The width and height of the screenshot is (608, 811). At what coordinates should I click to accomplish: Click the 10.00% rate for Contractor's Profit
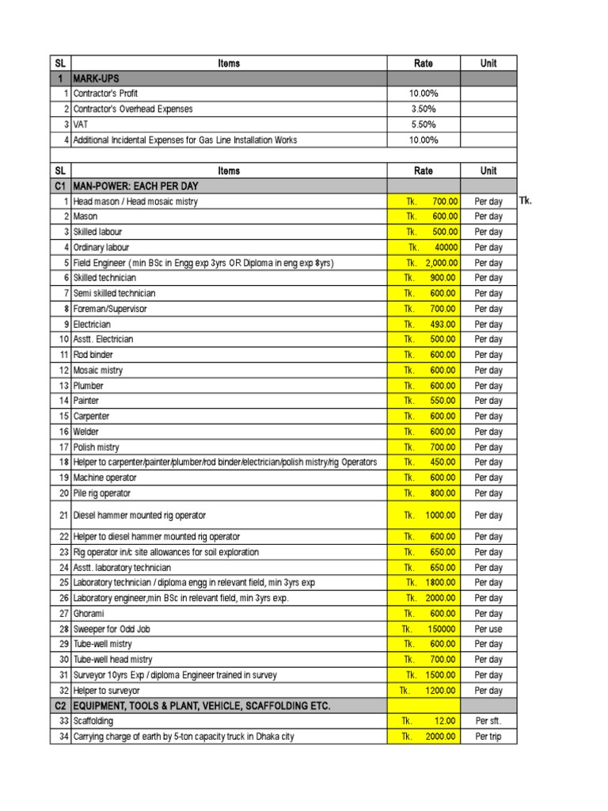(424, 93)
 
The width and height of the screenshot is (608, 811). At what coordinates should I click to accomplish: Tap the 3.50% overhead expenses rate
(424, 109)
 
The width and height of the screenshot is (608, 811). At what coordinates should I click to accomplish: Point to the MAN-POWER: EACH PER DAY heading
(135, 186)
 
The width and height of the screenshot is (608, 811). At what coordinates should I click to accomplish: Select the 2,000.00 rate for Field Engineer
(431, 263)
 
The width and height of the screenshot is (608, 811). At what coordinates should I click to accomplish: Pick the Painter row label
(86, 402)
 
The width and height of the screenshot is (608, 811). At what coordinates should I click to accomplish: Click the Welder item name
(86, 432)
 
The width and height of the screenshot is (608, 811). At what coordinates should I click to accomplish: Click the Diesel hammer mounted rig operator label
(139, 516)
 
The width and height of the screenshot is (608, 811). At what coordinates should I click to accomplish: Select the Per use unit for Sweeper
(488, 630)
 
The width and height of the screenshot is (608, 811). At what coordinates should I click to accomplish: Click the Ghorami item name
(89, 614)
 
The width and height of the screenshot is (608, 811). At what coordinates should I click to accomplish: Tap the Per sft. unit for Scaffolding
(488, 722)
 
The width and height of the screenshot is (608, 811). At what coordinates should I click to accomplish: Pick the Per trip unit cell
(488, 737)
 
